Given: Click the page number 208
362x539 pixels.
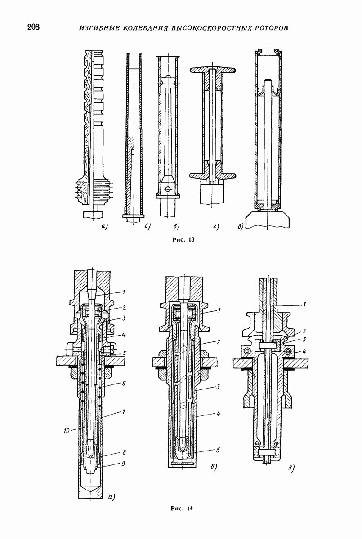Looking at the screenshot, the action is [x=33, y=27].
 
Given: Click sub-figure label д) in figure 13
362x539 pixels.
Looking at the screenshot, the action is [x=241, y=226].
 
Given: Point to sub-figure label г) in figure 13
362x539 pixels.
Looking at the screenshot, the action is [x=216, y=226].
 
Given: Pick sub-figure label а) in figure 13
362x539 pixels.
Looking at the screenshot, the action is [x=104, y=226].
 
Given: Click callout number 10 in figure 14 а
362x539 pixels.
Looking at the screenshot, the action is [x=67, y=430].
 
